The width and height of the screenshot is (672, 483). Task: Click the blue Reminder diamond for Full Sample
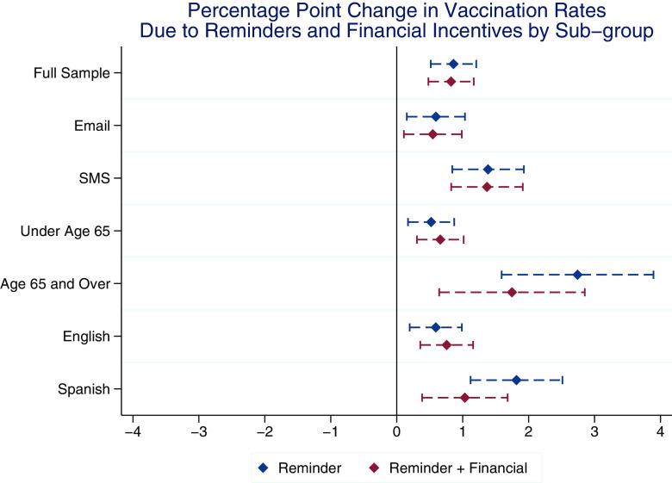(x=453, y=64)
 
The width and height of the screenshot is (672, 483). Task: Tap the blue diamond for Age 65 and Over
(x=577, y=275)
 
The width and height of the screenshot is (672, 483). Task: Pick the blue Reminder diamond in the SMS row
(x=488, y=169)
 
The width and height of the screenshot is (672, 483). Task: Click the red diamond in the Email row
(x=432, y=134)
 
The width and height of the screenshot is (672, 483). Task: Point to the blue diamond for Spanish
(x=516, y=380)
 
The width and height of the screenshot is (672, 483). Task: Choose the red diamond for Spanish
(x=464, y=398)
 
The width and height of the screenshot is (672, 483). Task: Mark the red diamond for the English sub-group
(x=446, y=344)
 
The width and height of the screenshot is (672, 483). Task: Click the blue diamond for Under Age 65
(x=431, y=222)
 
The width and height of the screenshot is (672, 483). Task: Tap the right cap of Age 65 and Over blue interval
(x=654, y=275)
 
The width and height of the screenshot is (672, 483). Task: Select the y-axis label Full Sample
(x=72, y=73)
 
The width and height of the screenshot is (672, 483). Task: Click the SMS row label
(x=95, y=178)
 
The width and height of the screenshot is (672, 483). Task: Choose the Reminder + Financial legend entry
(x=457, y=468)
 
